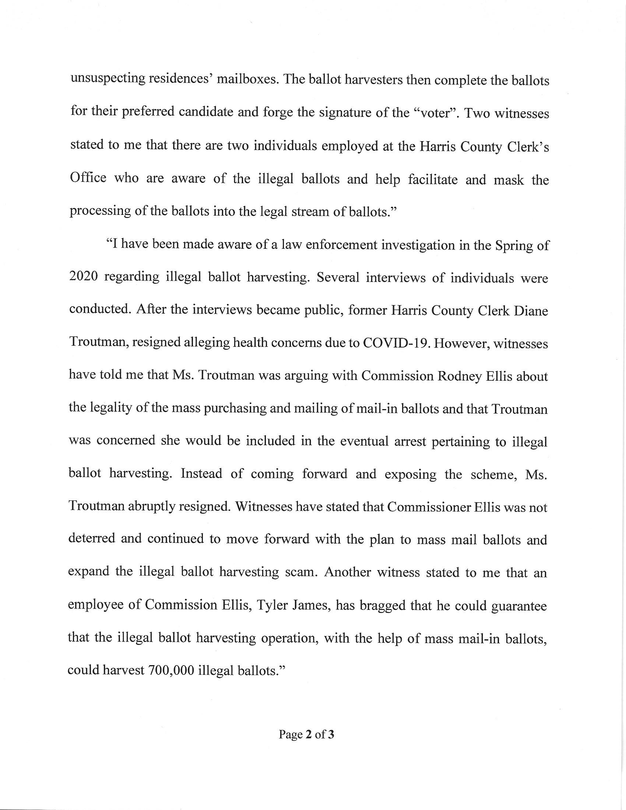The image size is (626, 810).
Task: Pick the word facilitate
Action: (432, 179)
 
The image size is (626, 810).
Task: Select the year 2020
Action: (83, 277)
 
